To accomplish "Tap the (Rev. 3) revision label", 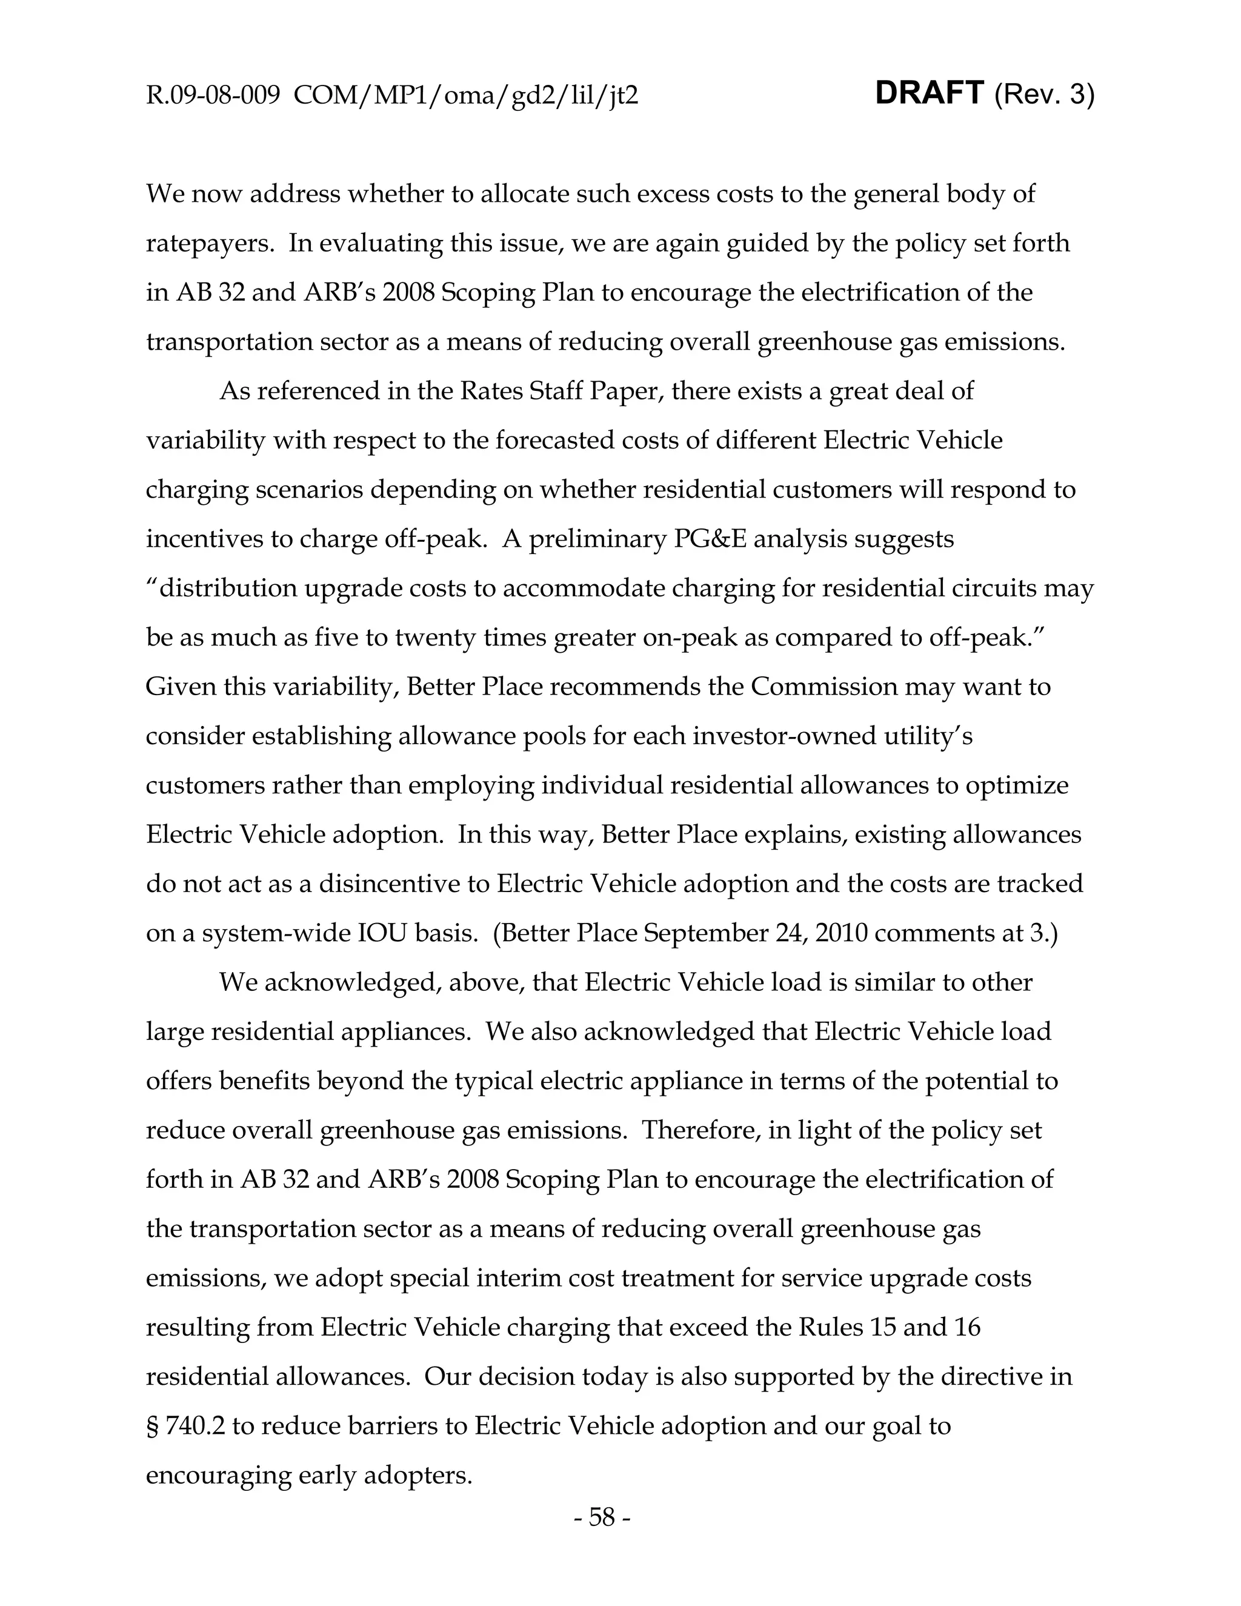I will pyautogui.click(x=1044, y=95).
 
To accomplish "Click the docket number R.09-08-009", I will pyautogui.click(x=213, y=96).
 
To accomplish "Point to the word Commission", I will pyautogui.click(x=823, y=687).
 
